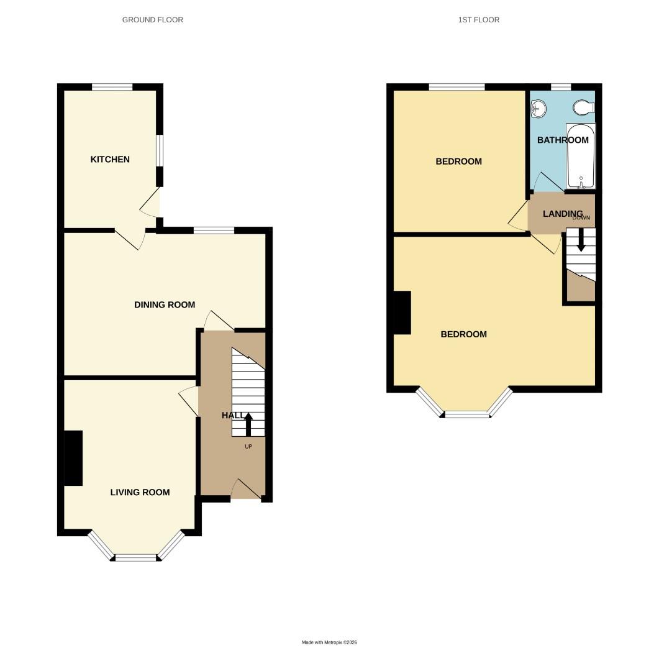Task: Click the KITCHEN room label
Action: (x=110, y=159)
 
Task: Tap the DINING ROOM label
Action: (x=165, y=304)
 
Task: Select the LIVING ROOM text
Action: (x=140, y=492)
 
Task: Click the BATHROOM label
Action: (x=562, y=140)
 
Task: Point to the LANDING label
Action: (x=562, y=214)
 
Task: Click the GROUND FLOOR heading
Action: (x=152, y=20)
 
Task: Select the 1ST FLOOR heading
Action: (x=478, y=20)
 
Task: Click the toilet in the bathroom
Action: (x=584, y=108)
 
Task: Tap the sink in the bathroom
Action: (x=538, y=110)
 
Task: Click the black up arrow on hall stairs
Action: (x=248, y=425)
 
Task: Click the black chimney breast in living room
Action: (x=73, y=458)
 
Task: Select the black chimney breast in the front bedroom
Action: (x=402, y=313)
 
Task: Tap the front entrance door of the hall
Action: (x=246, y=490)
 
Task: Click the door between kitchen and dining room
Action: (x=130, y=239)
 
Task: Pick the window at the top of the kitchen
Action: (x=112, y=87)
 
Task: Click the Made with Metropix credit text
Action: (x=329, y=642)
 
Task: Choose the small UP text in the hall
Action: (x=248, y=446)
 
